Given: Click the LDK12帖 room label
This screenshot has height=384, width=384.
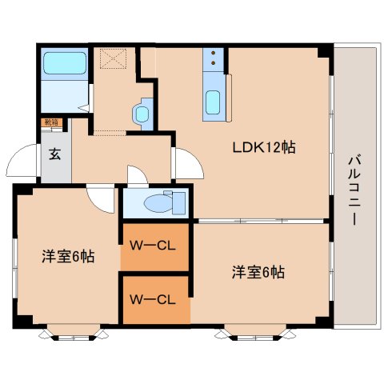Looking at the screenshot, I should pyautogui.click(x=264, y=147).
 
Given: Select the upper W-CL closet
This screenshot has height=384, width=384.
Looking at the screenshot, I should pyautogui.click(x=154, y=247).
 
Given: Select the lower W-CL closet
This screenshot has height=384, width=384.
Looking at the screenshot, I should pyautogui.click(x=154, y=300).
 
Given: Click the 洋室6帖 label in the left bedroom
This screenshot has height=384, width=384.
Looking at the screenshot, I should pyautogui.click(x=68, y=257).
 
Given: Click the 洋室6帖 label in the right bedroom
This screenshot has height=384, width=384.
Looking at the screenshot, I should pyautogui.click(x=258, y=271).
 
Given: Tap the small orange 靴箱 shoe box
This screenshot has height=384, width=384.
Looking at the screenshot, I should pyautogui.click(x=50, y=123).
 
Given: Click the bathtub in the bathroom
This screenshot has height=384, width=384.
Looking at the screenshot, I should pyautogui.click(x=63, y=63).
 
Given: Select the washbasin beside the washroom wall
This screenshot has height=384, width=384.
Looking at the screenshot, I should pyautogui.click(x=142, y=112).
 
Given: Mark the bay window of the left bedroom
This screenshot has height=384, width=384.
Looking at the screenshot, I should pyautogui.click(x=73, y=330).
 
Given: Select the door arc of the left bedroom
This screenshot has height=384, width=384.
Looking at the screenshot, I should pyautogui.click(x=102, y=199).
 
